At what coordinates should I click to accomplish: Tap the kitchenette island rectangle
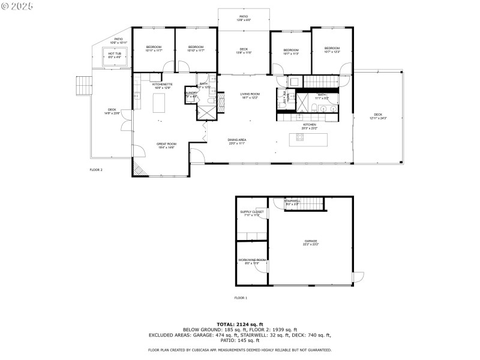pos(160,103)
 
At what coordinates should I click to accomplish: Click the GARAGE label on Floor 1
pos(311,241)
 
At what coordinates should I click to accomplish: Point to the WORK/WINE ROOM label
pos(252,260)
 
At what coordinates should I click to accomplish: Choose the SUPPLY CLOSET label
pos(252,212)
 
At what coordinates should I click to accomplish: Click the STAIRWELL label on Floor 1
pos(292,201)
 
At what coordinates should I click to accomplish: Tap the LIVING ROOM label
pos(250,94)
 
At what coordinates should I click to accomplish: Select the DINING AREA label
pos(238,140)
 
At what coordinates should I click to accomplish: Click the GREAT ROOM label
pos(167,144)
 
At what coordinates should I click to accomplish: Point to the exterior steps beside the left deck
pos(83,86)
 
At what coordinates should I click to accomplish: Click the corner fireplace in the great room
pos(139,169)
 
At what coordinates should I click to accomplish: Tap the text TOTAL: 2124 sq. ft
pos(239,325)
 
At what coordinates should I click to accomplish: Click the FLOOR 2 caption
pos(96,170)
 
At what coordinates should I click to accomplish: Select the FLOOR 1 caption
pos(241,298)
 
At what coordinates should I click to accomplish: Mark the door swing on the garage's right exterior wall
pos(358,277)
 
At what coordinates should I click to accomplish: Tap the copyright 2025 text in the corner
pos(17,5)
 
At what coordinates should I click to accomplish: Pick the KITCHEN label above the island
pos(309,125)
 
